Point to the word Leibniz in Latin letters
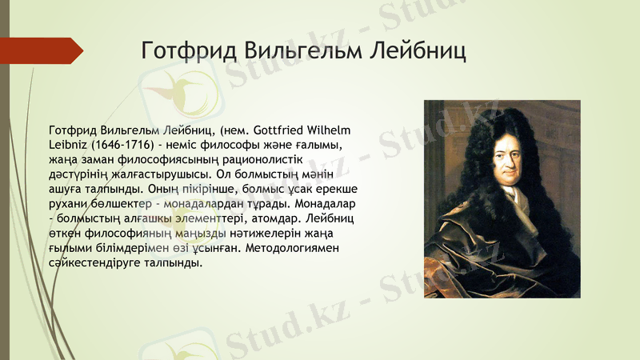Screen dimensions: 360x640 point(68,145)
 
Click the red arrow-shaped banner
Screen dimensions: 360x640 point(40,50)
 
